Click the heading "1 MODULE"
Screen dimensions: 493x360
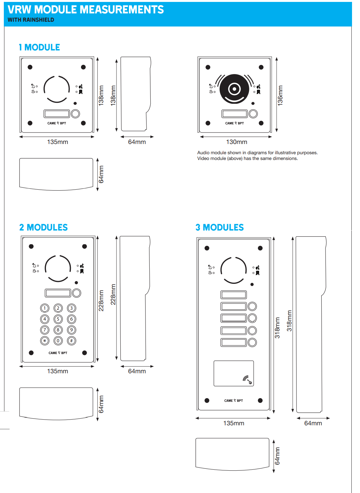click(39, 47)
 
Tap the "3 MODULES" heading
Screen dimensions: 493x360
click(220, 227)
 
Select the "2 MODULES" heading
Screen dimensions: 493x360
click(43, 227)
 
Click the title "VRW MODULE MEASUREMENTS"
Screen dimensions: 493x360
click(86, 10)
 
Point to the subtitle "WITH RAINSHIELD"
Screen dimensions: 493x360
click(31, 20)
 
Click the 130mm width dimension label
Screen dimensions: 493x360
click(236, 142)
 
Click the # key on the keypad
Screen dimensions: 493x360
click(71, 341)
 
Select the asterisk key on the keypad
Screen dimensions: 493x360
click(45, 341)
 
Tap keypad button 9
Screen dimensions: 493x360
click(71, 330)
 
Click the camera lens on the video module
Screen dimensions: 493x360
click(234, 89)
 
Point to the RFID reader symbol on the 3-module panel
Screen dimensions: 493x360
click(247, 380)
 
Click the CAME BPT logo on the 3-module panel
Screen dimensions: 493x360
click(233, 400)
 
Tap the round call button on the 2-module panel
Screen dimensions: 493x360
click(77, 293)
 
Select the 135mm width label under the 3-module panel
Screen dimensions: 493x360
click(234, 423)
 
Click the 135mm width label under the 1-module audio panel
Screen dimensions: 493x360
click(57, 142)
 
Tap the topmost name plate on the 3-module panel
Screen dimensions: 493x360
click(234, 294)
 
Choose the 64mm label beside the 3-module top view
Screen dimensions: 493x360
click(277, 456)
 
